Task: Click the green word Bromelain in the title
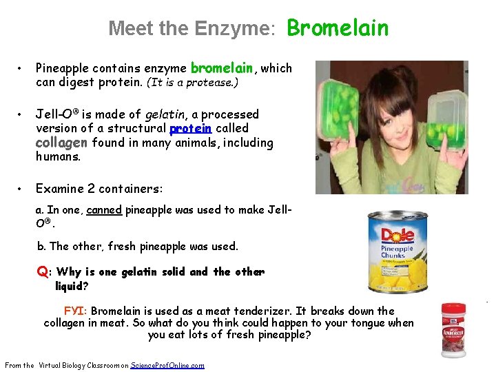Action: point(338,28)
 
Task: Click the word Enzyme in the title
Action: point(234,29)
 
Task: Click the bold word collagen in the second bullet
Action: point(61,143)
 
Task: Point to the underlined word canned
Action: point(104,210)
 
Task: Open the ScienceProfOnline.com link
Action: point(167,365)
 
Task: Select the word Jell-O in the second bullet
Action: point(55,114)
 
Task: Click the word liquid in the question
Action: point(71,285)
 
